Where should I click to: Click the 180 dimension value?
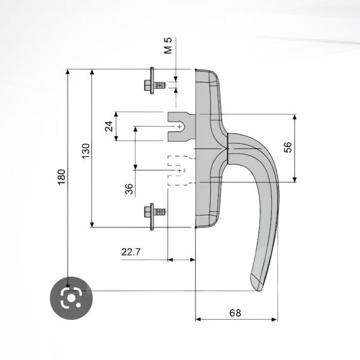click(62, 177)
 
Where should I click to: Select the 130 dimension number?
click(86, 151)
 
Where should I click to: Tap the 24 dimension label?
click(109, 126)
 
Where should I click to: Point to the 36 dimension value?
click(130, 189)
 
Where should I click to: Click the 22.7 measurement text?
click(131, 252)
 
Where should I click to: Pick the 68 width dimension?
click(235, 313)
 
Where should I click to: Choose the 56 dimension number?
click(287, 147)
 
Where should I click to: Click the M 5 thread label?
click(168, 46)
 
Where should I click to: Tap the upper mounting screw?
click(155, 80)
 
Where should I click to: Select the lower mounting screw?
click(155, 217)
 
